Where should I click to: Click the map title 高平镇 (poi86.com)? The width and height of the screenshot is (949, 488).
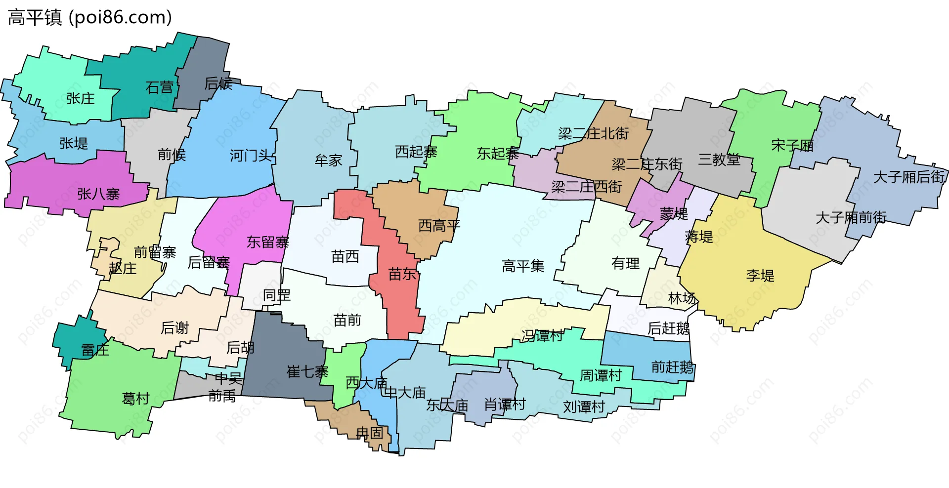click(x=90, y=17)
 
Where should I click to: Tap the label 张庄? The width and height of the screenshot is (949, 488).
click(x=81, y=98)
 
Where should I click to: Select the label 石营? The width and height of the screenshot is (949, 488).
click(x=160, y=88)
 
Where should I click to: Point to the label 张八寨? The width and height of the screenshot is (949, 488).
click(x=98, y=194)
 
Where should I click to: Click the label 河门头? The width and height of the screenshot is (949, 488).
click(x=251, y=156)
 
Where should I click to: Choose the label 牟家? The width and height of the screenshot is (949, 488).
click(x=328, y=161)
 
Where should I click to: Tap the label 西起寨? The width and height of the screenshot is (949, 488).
click(x=416, y=152)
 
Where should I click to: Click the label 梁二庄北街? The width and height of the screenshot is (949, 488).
click(x=593, y=133)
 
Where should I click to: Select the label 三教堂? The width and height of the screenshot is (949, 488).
click(x=719, y=160)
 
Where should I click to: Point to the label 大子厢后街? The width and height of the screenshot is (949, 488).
click(x=909, y=177)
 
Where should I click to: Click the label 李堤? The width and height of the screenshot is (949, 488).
click(x=760, y=276)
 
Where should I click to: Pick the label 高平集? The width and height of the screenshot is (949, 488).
click(x=523, y=267)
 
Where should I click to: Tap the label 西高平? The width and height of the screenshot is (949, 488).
click(x=439, y=226)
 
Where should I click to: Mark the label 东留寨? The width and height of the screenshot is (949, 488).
click(x=268, y=243)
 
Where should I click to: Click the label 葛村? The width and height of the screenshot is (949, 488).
click(x=135, y=399)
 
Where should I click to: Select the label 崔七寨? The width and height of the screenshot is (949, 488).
click(x=307, y=372)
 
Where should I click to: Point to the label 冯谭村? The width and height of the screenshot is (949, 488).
click(x=542, y=336)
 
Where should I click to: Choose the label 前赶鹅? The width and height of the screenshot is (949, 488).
click(x=672, y=367)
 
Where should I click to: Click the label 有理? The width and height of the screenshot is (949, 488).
click(x=625, y=263)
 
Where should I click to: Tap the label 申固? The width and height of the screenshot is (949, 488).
click(x=370, y=433)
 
